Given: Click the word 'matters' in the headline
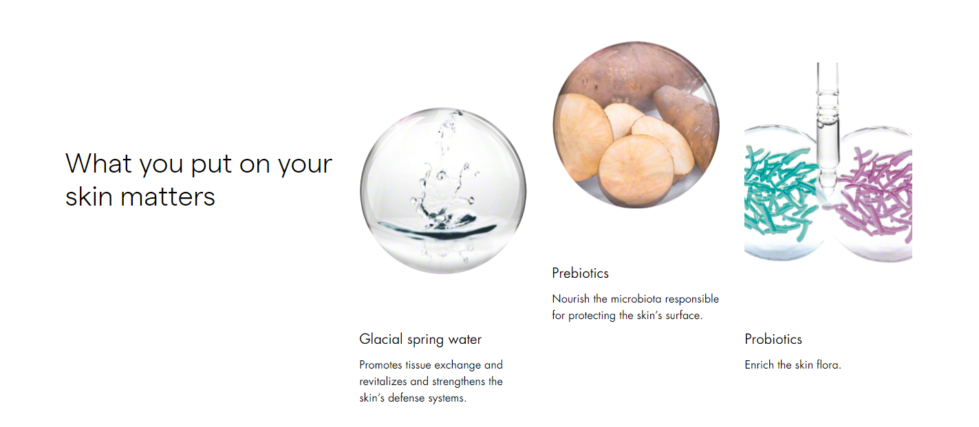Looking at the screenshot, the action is pos(168,197).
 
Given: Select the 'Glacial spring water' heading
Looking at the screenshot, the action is pos(420,339).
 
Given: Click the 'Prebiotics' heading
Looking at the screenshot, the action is pos(581,273).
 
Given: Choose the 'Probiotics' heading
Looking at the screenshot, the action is pos(773,339).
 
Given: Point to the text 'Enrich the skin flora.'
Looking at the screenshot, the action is pos(793,364).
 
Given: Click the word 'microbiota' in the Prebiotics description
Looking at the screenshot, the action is pos(636,298).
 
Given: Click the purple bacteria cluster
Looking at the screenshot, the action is pos(876,195).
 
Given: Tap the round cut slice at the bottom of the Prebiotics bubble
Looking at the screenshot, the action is pos(636,171).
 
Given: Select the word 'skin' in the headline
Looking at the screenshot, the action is pos(89,197).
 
